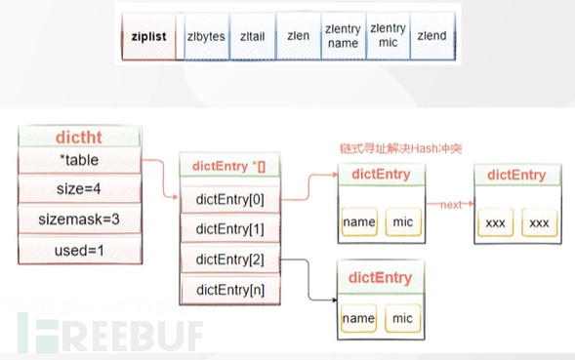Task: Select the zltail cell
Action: pyautogui.click(x=252, y=36)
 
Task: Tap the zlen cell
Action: pyautogui.click(x=297, y=36)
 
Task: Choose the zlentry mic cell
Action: pyautogui.click(x=388, y=36)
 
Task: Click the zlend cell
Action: pyautogui.click(x=431, y=36)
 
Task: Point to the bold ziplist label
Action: pyautogui.click(x=151, y=36)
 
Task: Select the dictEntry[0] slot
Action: pyautogui.click(x=229, y=199)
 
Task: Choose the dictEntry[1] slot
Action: pyautogui.click(x=229, y=229)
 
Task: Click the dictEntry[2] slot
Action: pyautogui.click(x=229, y=260)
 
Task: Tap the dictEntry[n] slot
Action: pyautogui.click(x=229, y=289)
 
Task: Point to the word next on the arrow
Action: pyautogui.click(x=450, y=206)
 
